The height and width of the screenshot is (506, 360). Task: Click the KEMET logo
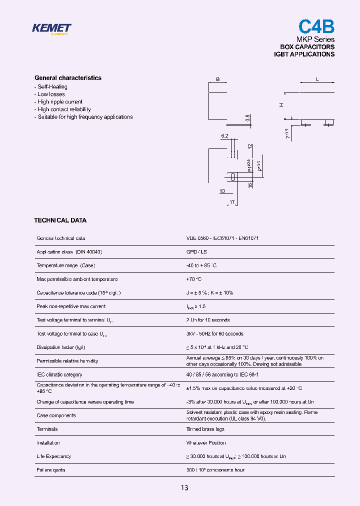pos(51,28)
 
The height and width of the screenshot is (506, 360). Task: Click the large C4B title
pos(316,26)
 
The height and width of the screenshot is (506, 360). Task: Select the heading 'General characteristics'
pos(68,78)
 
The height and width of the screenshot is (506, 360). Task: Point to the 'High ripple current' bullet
pos(59,102)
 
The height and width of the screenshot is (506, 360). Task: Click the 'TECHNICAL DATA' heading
pos(60,220)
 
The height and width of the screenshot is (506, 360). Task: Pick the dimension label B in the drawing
pos(217,79)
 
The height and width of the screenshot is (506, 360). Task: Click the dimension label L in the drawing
pos(317,79)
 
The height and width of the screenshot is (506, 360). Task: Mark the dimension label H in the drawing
pos(281,104)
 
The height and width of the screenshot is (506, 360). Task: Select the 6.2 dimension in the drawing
pos(224,136)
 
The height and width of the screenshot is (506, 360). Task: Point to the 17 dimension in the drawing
pos(231,202)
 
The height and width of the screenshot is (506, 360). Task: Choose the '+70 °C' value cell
pos(194,279)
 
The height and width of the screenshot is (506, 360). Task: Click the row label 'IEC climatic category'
pos(59,374)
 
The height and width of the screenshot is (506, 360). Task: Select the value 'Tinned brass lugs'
pos(205,429)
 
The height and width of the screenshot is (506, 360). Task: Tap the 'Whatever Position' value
pos(206,442)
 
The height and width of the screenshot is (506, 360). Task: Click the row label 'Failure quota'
pos(51,470)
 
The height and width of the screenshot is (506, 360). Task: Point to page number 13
pos(184,487)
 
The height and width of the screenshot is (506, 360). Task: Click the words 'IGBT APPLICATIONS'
pos(304,54)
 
